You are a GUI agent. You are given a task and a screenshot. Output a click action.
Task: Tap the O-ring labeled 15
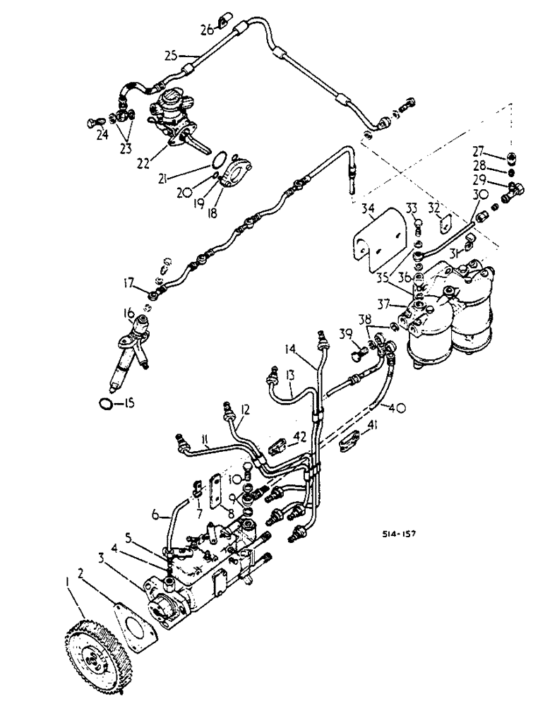(104, 403)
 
